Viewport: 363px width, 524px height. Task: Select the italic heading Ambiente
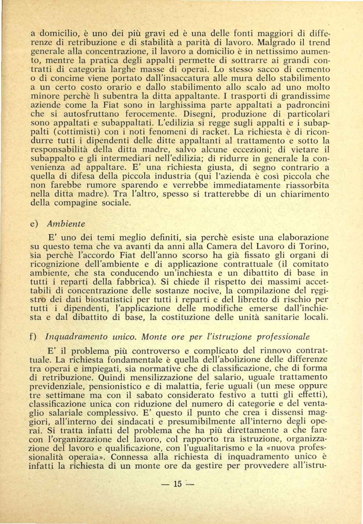tap(66, 224)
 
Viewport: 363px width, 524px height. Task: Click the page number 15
tap(177, 484)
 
